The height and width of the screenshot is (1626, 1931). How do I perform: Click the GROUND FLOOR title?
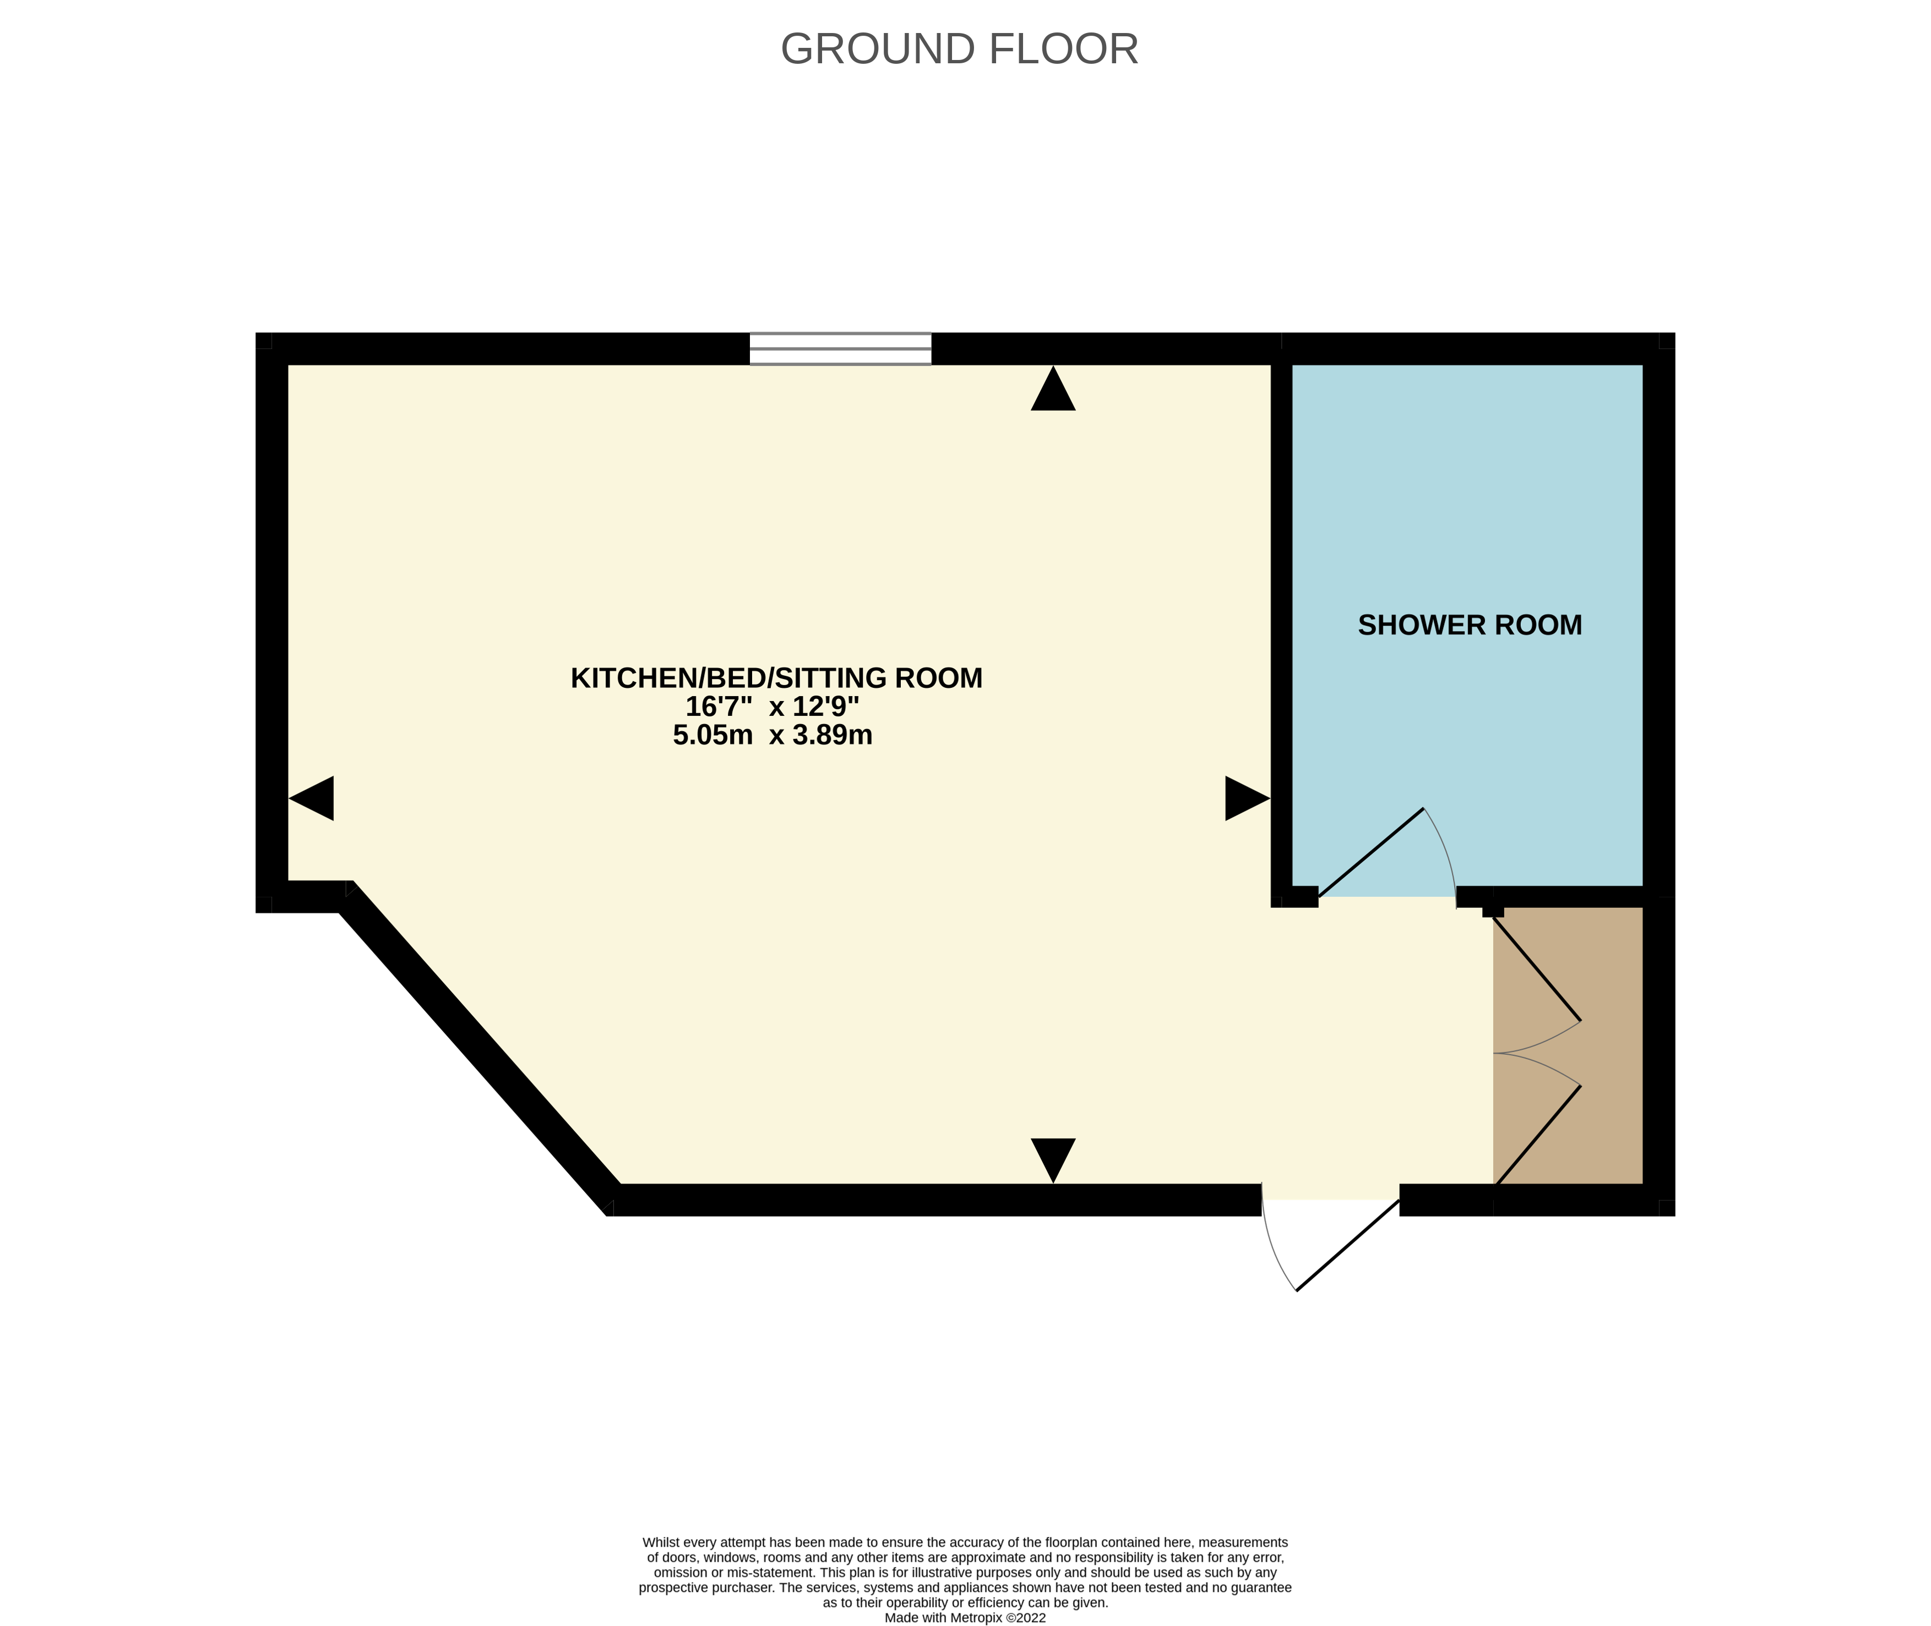tap(959, 49)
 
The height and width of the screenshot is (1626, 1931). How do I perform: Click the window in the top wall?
tap(840, 348)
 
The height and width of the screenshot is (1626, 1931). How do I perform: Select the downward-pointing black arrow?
tap(1053, 1158)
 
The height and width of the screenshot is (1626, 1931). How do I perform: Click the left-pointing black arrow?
tap(313, 798)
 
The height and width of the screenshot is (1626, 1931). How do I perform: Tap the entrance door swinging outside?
tap(1348, 1244)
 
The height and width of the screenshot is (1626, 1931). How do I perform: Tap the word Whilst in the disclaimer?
tap(660, 1542)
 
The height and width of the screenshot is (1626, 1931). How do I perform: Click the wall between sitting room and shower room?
tap(1281, 627)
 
